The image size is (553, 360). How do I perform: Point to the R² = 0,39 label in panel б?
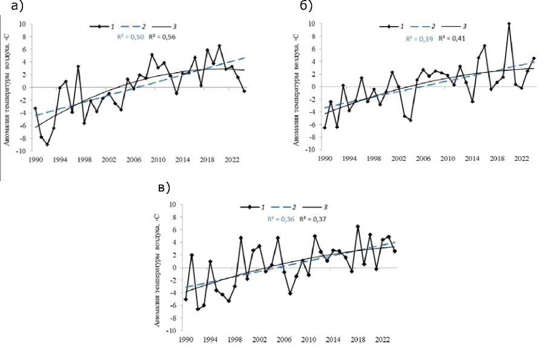coord(419,38)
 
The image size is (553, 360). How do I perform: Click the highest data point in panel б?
coord(509,24)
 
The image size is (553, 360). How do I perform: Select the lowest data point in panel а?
coord(47,144)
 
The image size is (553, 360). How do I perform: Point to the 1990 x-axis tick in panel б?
coord(325,158)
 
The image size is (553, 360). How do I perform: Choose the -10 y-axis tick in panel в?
coord(172,331)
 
